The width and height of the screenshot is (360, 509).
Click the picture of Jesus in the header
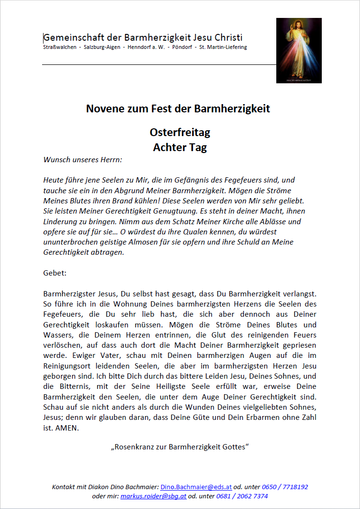(x=299, y=50)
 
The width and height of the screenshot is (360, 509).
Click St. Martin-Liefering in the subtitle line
(x=223, y=47)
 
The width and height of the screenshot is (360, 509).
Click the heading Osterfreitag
(x=180, y=133)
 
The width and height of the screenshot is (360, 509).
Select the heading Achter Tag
(x=180, y=148)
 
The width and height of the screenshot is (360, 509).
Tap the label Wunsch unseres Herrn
(x=83, y=159)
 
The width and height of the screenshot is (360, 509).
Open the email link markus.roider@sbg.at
(x=153, y=496)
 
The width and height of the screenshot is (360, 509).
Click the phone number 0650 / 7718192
(x=285, y=487)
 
